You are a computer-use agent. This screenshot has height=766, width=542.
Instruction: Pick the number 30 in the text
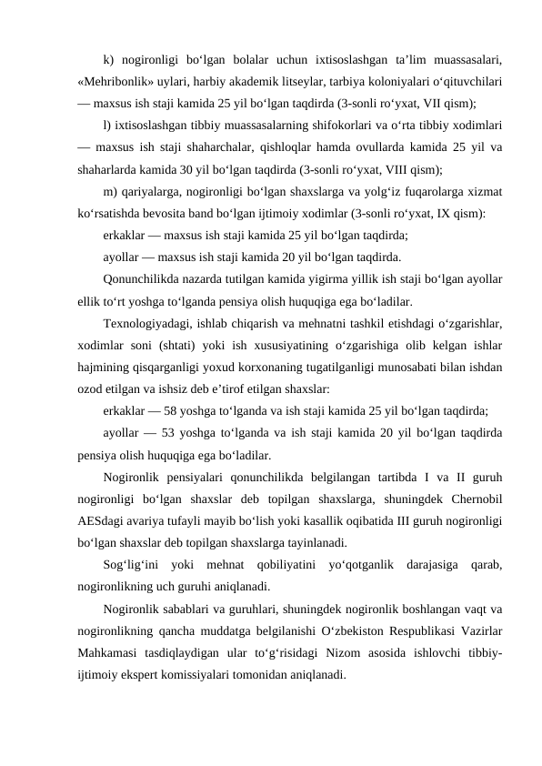tap(198, 169)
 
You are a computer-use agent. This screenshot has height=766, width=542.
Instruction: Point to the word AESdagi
tap(102, 519)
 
